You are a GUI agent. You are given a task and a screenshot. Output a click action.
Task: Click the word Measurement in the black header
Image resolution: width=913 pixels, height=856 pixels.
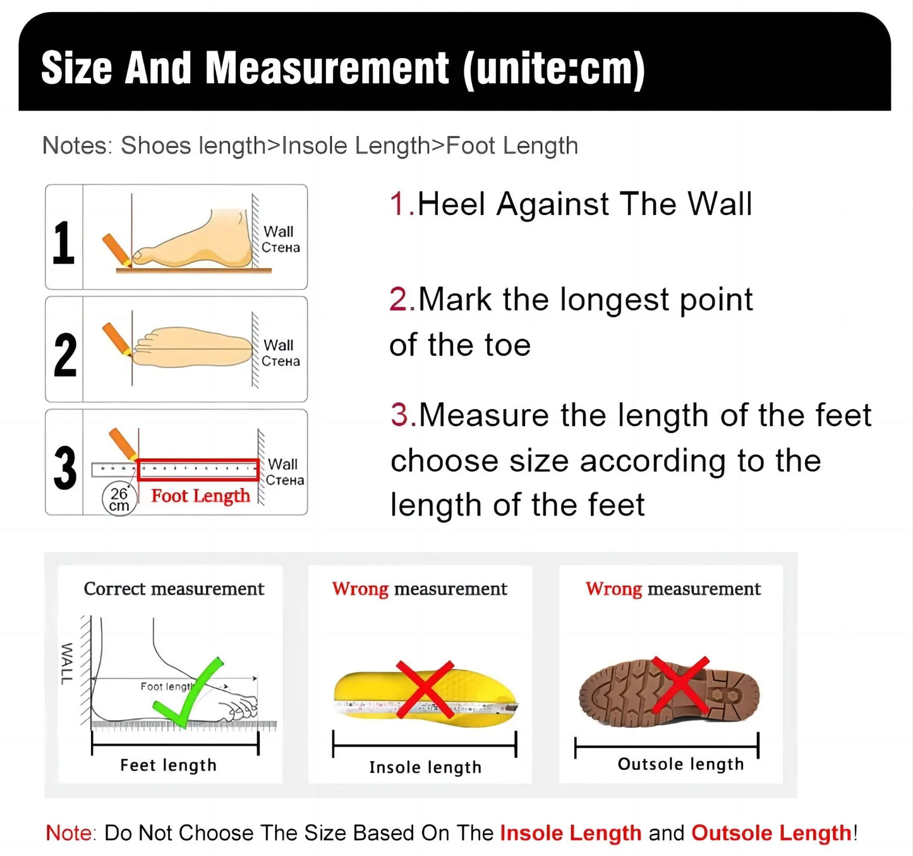327,68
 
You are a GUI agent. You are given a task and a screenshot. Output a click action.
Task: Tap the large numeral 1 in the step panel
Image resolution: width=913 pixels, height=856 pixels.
63,243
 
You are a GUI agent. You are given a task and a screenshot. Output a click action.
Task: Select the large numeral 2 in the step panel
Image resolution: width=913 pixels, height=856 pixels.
65,355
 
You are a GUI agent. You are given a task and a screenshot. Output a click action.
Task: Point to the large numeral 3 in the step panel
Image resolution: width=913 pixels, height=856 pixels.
65,468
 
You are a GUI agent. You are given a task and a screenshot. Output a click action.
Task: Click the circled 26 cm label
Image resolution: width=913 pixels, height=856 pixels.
119,499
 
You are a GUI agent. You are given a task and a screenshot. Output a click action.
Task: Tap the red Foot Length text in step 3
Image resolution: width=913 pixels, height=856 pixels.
200,496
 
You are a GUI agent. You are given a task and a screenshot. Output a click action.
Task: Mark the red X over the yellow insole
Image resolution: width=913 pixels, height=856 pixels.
425,689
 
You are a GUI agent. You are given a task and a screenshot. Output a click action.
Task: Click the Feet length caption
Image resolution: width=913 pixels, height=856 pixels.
168,765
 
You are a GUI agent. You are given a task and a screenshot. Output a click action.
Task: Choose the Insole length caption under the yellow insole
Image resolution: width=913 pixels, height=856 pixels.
425,767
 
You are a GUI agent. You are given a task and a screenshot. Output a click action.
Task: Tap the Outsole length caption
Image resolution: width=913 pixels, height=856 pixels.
680,764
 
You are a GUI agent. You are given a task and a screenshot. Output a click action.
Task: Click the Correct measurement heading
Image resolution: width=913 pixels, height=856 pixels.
174,589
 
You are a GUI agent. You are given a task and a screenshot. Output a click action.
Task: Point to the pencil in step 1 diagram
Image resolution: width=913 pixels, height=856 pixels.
116,249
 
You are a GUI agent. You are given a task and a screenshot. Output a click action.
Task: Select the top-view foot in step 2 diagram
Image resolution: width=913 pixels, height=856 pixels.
193,347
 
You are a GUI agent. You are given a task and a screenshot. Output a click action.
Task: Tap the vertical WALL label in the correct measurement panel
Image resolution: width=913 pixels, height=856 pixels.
66,663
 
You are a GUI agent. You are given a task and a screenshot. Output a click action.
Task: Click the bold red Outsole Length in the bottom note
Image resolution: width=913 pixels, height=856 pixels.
771,833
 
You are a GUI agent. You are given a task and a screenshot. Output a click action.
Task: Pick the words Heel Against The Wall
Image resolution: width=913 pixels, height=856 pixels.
584,204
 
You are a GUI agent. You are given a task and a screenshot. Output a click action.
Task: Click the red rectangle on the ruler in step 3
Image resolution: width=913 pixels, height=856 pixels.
198,470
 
